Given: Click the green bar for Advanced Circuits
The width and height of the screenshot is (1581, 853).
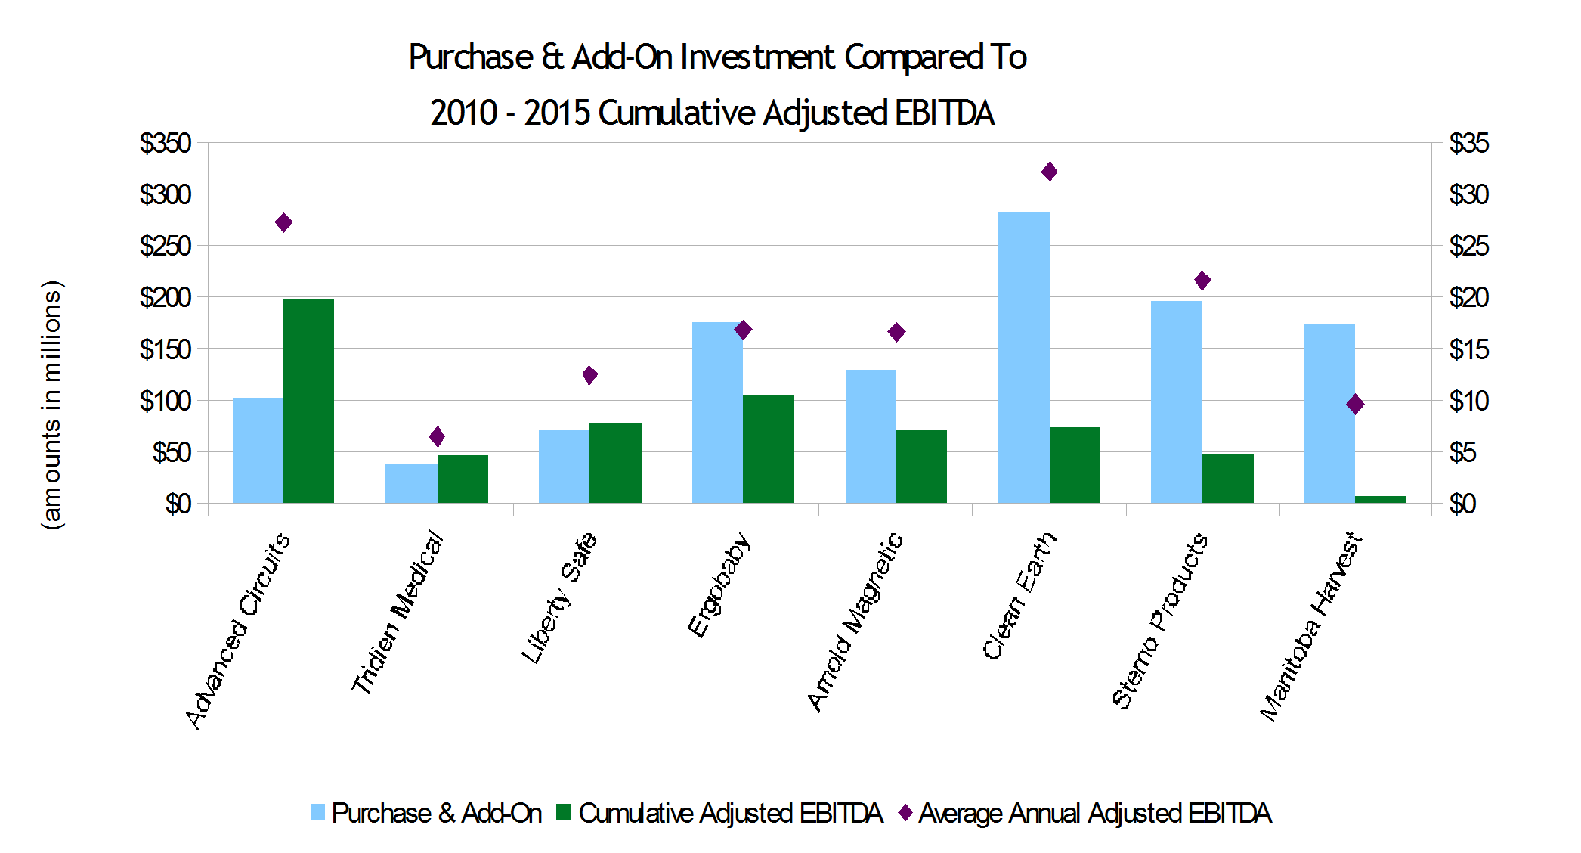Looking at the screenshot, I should click(308, 401).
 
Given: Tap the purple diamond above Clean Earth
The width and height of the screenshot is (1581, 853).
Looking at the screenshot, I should click(1049, 172).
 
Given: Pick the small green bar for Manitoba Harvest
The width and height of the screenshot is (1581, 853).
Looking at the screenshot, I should click(1380, 499).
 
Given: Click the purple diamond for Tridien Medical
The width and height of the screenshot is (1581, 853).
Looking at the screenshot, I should click(437, 436).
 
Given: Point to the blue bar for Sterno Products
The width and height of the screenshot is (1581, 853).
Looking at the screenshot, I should click(1176, 402).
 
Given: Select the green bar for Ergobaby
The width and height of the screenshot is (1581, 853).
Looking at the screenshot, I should click(768, 449).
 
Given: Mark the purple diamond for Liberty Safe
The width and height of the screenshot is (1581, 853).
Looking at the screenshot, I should click(590, 375).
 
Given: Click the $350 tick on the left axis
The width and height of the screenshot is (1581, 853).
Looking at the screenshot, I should click(165, 143).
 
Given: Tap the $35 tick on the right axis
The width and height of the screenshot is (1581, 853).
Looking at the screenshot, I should click(1468, 143).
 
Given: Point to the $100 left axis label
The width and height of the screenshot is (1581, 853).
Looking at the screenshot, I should click(165, 401).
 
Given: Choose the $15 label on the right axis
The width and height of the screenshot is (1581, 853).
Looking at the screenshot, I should click(1468, 349).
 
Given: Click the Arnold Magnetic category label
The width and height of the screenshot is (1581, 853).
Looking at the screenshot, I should click(855, 622).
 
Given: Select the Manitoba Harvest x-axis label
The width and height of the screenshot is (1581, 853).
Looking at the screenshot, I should click(1311, 626).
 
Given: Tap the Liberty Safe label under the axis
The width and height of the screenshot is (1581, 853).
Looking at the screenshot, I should click(559, 598).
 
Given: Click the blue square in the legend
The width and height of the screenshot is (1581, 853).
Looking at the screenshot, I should click(317, 813).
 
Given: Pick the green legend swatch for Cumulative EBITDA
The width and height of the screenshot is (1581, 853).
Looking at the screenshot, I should click(563, 813).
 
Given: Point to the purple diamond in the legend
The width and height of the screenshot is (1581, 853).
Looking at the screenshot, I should click(905, 813).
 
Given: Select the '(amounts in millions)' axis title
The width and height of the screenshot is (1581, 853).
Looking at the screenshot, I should click(51, 405).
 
